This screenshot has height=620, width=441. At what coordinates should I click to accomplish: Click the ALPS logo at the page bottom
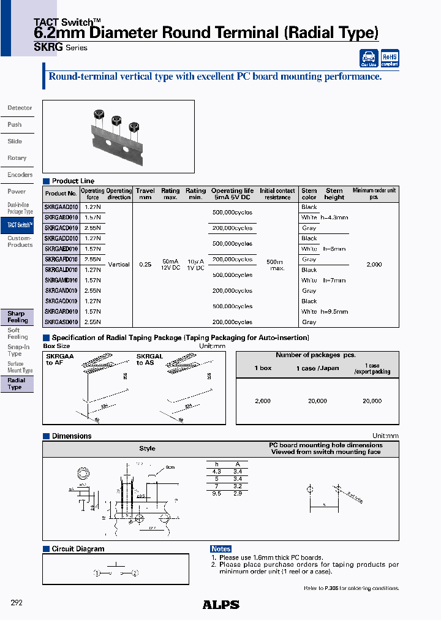pos(221,605)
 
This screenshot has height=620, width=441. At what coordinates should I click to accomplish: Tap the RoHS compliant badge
pos(390,58)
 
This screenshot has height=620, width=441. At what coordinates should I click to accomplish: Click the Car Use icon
pos(368,58)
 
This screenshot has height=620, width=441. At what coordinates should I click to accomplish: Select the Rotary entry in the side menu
pos(17,158)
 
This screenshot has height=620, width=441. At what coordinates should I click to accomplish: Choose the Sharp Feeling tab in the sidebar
pos(17,317)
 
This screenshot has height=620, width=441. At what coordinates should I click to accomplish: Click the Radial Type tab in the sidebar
pos(17,384)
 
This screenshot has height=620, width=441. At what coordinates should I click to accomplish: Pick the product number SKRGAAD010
pos(61,207)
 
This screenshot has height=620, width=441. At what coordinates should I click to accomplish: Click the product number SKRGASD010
pos(61,322)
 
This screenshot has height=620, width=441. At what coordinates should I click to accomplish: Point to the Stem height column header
pos(334,194)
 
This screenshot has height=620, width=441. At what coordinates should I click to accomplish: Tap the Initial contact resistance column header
pos(277,194)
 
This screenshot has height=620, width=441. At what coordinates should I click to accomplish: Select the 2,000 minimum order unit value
pos(374,265)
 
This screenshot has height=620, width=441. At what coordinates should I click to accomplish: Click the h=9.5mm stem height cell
pos(333,312)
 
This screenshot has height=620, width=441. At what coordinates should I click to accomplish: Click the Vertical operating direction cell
pos(119,265)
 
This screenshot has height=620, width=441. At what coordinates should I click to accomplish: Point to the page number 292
pos(17,603)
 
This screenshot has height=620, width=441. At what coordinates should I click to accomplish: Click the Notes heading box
pos(221,549)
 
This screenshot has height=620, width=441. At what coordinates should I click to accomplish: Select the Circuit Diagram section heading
pos(78,549)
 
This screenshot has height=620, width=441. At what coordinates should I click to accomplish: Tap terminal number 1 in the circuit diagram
pos(97,573)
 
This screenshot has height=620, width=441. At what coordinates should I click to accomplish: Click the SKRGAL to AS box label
pos(149,360)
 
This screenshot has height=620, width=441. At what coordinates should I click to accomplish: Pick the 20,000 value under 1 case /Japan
pos(317,401)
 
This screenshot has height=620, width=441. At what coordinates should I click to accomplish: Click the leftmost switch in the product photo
pos(97,116)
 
